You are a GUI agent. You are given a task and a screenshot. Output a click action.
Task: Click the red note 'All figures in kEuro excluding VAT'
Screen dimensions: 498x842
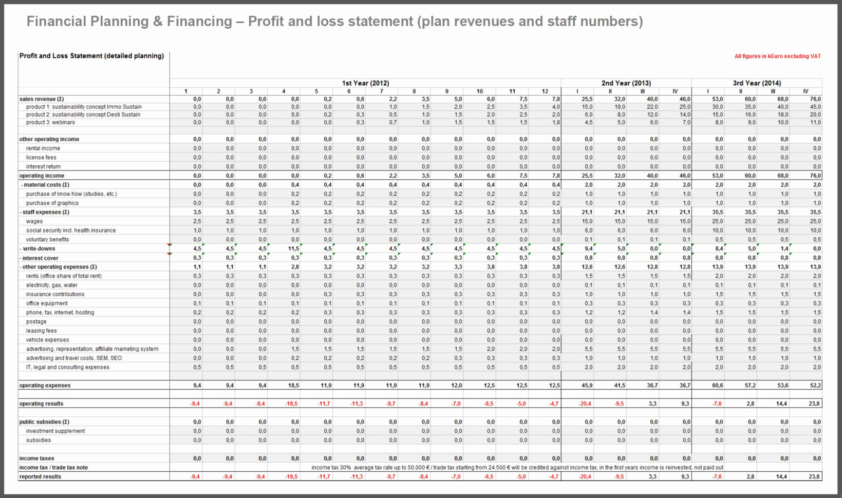click(777, 56)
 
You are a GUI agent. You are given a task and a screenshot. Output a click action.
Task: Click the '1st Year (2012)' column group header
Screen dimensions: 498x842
click(365, 83)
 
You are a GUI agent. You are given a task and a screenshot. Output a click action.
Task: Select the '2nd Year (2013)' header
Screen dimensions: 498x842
click(626, 83)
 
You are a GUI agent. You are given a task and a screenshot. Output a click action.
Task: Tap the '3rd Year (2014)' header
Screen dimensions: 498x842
click(757, 83)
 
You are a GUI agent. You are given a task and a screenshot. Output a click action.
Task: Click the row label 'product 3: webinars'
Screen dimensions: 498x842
click(50, 123)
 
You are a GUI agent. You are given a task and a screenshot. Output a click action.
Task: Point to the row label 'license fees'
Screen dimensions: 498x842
click(41, 158)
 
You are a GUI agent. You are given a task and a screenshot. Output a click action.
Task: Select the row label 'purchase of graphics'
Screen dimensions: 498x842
click(52, 203)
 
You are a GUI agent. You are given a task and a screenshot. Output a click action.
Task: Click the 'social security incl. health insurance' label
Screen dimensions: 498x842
click(71, 231)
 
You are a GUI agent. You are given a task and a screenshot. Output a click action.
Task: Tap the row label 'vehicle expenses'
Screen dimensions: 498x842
click(47, 340)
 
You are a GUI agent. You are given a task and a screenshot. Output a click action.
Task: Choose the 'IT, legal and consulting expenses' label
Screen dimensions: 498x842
click(67, 368)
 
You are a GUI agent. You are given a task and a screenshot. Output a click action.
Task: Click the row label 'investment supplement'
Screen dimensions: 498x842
click(55, 431)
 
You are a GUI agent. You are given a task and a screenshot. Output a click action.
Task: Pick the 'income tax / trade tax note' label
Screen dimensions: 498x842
click(53, 468)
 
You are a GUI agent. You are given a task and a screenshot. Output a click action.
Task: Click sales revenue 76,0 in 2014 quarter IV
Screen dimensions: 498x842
click(815, 99)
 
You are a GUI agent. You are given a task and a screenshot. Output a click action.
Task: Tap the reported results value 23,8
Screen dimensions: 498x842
click(814, 477)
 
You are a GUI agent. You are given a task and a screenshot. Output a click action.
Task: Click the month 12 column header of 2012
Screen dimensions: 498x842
click(545, 91)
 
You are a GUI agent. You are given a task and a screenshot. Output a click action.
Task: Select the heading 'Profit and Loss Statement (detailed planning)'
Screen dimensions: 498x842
click(91, 56)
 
